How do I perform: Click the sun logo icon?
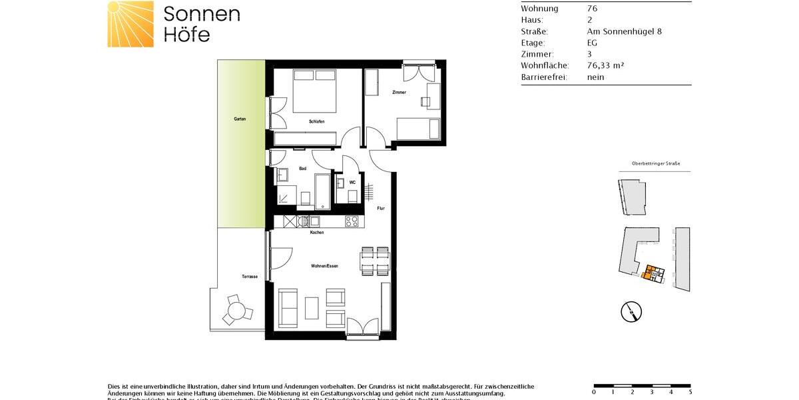pos(131,24)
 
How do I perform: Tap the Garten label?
pos(240,119)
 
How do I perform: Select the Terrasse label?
pos(250,276)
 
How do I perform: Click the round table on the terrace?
pos(236,311)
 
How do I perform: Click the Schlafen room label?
pos(316,121)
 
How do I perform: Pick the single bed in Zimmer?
pos(418,128)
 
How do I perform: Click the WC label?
pos(352,181)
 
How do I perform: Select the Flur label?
pos(381,209)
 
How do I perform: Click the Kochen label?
pos(317,233)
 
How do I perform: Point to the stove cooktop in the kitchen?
pos(352,221)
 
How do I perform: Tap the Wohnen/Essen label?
pos(324,266)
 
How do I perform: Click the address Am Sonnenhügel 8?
pos(624,31)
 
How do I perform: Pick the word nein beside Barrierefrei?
pos(595,77)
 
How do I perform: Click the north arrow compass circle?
pos(631,310)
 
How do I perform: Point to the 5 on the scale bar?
pos(690,392)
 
